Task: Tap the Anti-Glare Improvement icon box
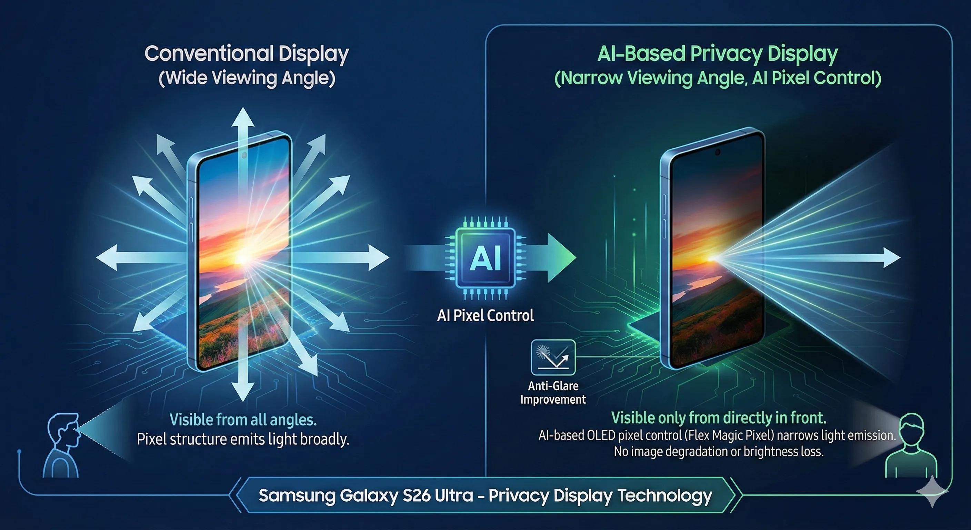553,357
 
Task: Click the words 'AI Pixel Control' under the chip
485,315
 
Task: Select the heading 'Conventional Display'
247,53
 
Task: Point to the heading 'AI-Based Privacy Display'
717,53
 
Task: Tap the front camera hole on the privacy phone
718,152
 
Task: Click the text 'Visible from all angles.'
243,420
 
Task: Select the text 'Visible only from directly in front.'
719,418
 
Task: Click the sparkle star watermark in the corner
932,491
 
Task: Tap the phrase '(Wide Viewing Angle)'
247,78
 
